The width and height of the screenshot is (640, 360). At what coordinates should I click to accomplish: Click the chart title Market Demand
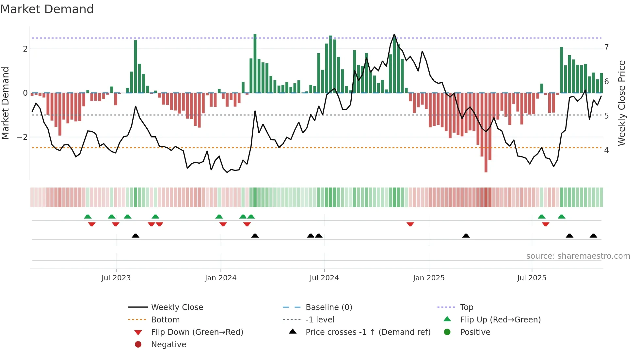(x=47, y=9)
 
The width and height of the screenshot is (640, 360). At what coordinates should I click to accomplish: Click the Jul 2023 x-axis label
(x=116, y=278)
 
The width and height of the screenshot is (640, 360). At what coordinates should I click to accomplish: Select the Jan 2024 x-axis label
(x=221, y=278)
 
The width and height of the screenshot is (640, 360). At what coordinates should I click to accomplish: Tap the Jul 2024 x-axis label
(x=324, y=278)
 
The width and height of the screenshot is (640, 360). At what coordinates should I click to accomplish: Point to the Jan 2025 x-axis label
(x=429, y=278)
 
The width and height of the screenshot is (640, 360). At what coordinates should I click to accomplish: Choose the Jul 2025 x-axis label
(x=532, y=278)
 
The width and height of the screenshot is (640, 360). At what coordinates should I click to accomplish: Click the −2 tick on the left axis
(x=22, y=137)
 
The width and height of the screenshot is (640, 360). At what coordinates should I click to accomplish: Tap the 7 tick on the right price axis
(x=606, y=47)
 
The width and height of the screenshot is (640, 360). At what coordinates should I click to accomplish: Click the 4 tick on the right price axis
(x=606, y=150)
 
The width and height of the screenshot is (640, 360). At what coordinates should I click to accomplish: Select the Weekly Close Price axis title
(x=622, y=103)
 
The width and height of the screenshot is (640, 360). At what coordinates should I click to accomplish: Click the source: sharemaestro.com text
(x=578, y=256)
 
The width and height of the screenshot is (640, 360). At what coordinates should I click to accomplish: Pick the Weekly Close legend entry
(x=177, y=307)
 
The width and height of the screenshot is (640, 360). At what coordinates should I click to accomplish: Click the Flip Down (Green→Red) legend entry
(x=197, y=332)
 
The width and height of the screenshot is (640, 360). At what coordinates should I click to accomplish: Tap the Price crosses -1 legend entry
(x=368, y=332)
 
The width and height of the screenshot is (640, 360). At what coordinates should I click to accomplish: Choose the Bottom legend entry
(x=165, y=320)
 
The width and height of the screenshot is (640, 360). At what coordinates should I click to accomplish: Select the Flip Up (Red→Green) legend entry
(x=500, y=320)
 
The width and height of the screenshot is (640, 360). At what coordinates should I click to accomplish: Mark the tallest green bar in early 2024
(x=255, y=64)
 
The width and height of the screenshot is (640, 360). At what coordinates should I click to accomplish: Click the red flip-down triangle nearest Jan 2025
(x=410, y=224)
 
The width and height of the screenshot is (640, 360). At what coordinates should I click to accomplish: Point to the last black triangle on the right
(x=594, y=236)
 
